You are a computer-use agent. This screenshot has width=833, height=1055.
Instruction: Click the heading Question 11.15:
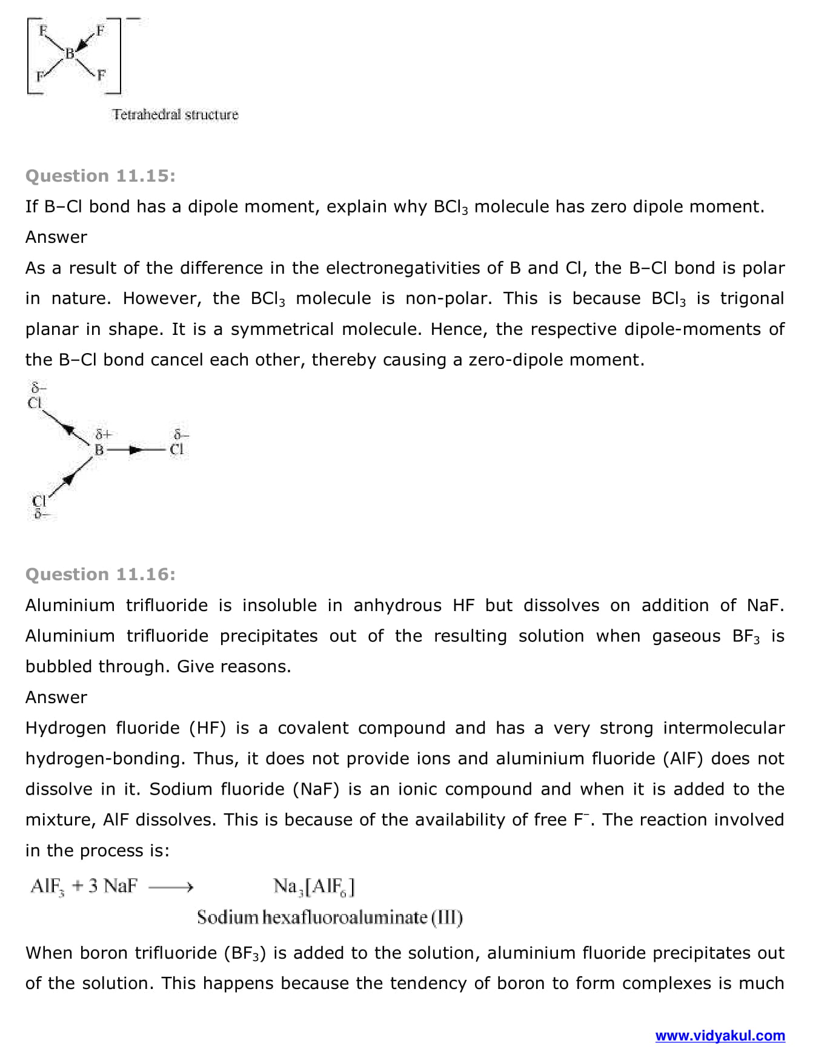[x=100, y=176]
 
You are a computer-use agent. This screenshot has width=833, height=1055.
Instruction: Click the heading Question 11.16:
[x=100, y=574]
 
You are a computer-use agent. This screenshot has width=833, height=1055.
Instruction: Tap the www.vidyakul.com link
[x=720, y=1036]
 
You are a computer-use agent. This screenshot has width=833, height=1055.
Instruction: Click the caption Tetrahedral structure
[x=175, y=114]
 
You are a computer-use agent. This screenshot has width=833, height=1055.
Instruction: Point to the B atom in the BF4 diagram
[x=70, y=54]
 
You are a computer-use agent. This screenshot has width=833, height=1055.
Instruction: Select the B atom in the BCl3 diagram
[x=99, y=450]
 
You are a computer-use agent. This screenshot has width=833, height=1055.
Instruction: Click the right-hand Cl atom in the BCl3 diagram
[x=177, y=449]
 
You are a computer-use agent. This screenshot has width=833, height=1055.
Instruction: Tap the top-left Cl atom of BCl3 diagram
[x=35, y=403]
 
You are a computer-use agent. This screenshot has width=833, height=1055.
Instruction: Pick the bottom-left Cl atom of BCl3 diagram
[x=39, y=501]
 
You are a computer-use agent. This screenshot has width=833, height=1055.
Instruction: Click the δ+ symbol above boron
[x=103, y=434]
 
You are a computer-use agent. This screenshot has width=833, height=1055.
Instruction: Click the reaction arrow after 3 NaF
[x=171, y=888]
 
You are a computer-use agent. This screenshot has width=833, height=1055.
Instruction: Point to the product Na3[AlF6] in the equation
[x=314, y=887]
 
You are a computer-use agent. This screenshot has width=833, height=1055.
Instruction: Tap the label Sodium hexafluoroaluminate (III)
[x=330, y=918]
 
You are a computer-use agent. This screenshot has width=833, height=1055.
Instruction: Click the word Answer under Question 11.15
[x=56, y=237]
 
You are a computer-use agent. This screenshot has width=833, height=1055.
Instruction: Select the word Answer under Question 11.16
[x=56, y=697]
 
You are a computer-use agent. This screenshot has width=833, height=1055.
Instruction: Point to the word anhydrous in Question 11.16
[x=397, y=605]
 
